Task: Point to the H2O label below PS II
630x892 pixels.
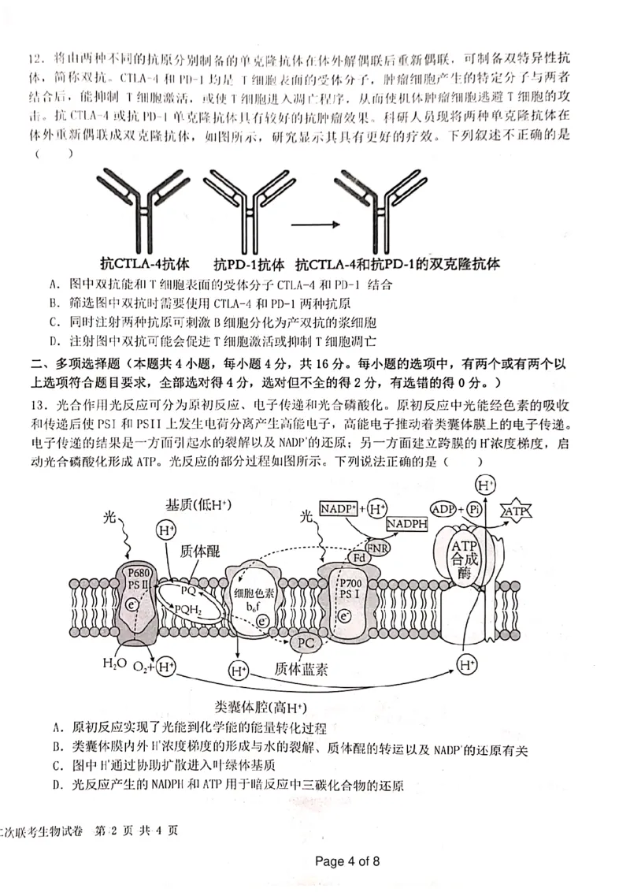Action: click(113, 664)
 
